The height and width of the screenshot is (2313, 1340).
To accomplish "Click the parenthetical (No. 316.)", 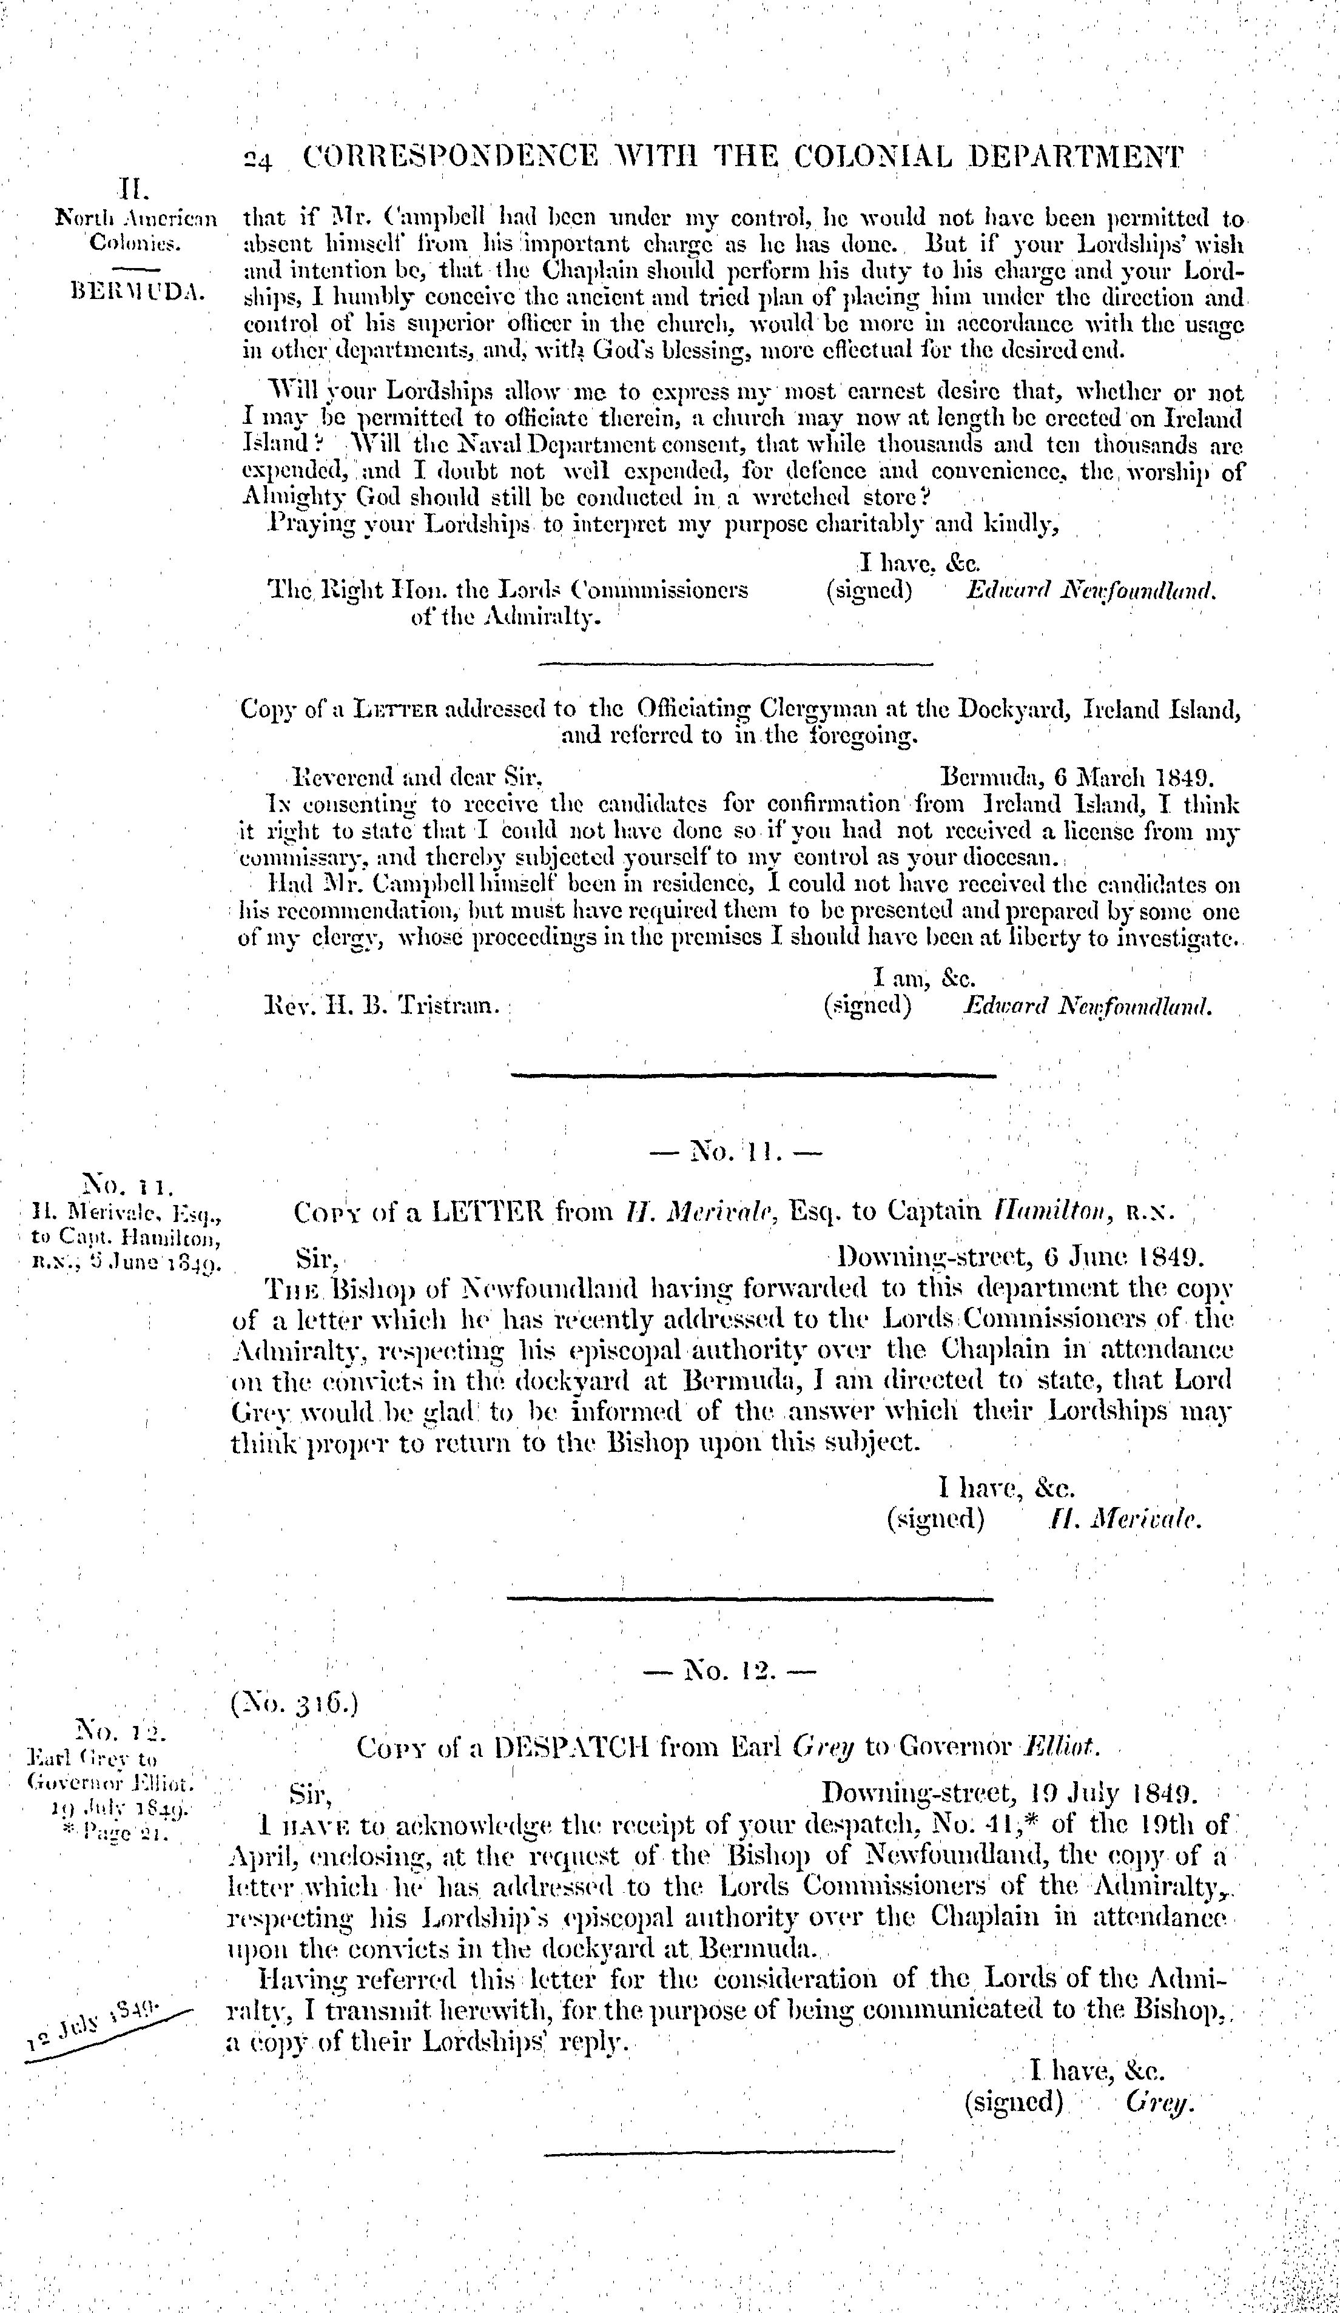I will (x=294, y=1705).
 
